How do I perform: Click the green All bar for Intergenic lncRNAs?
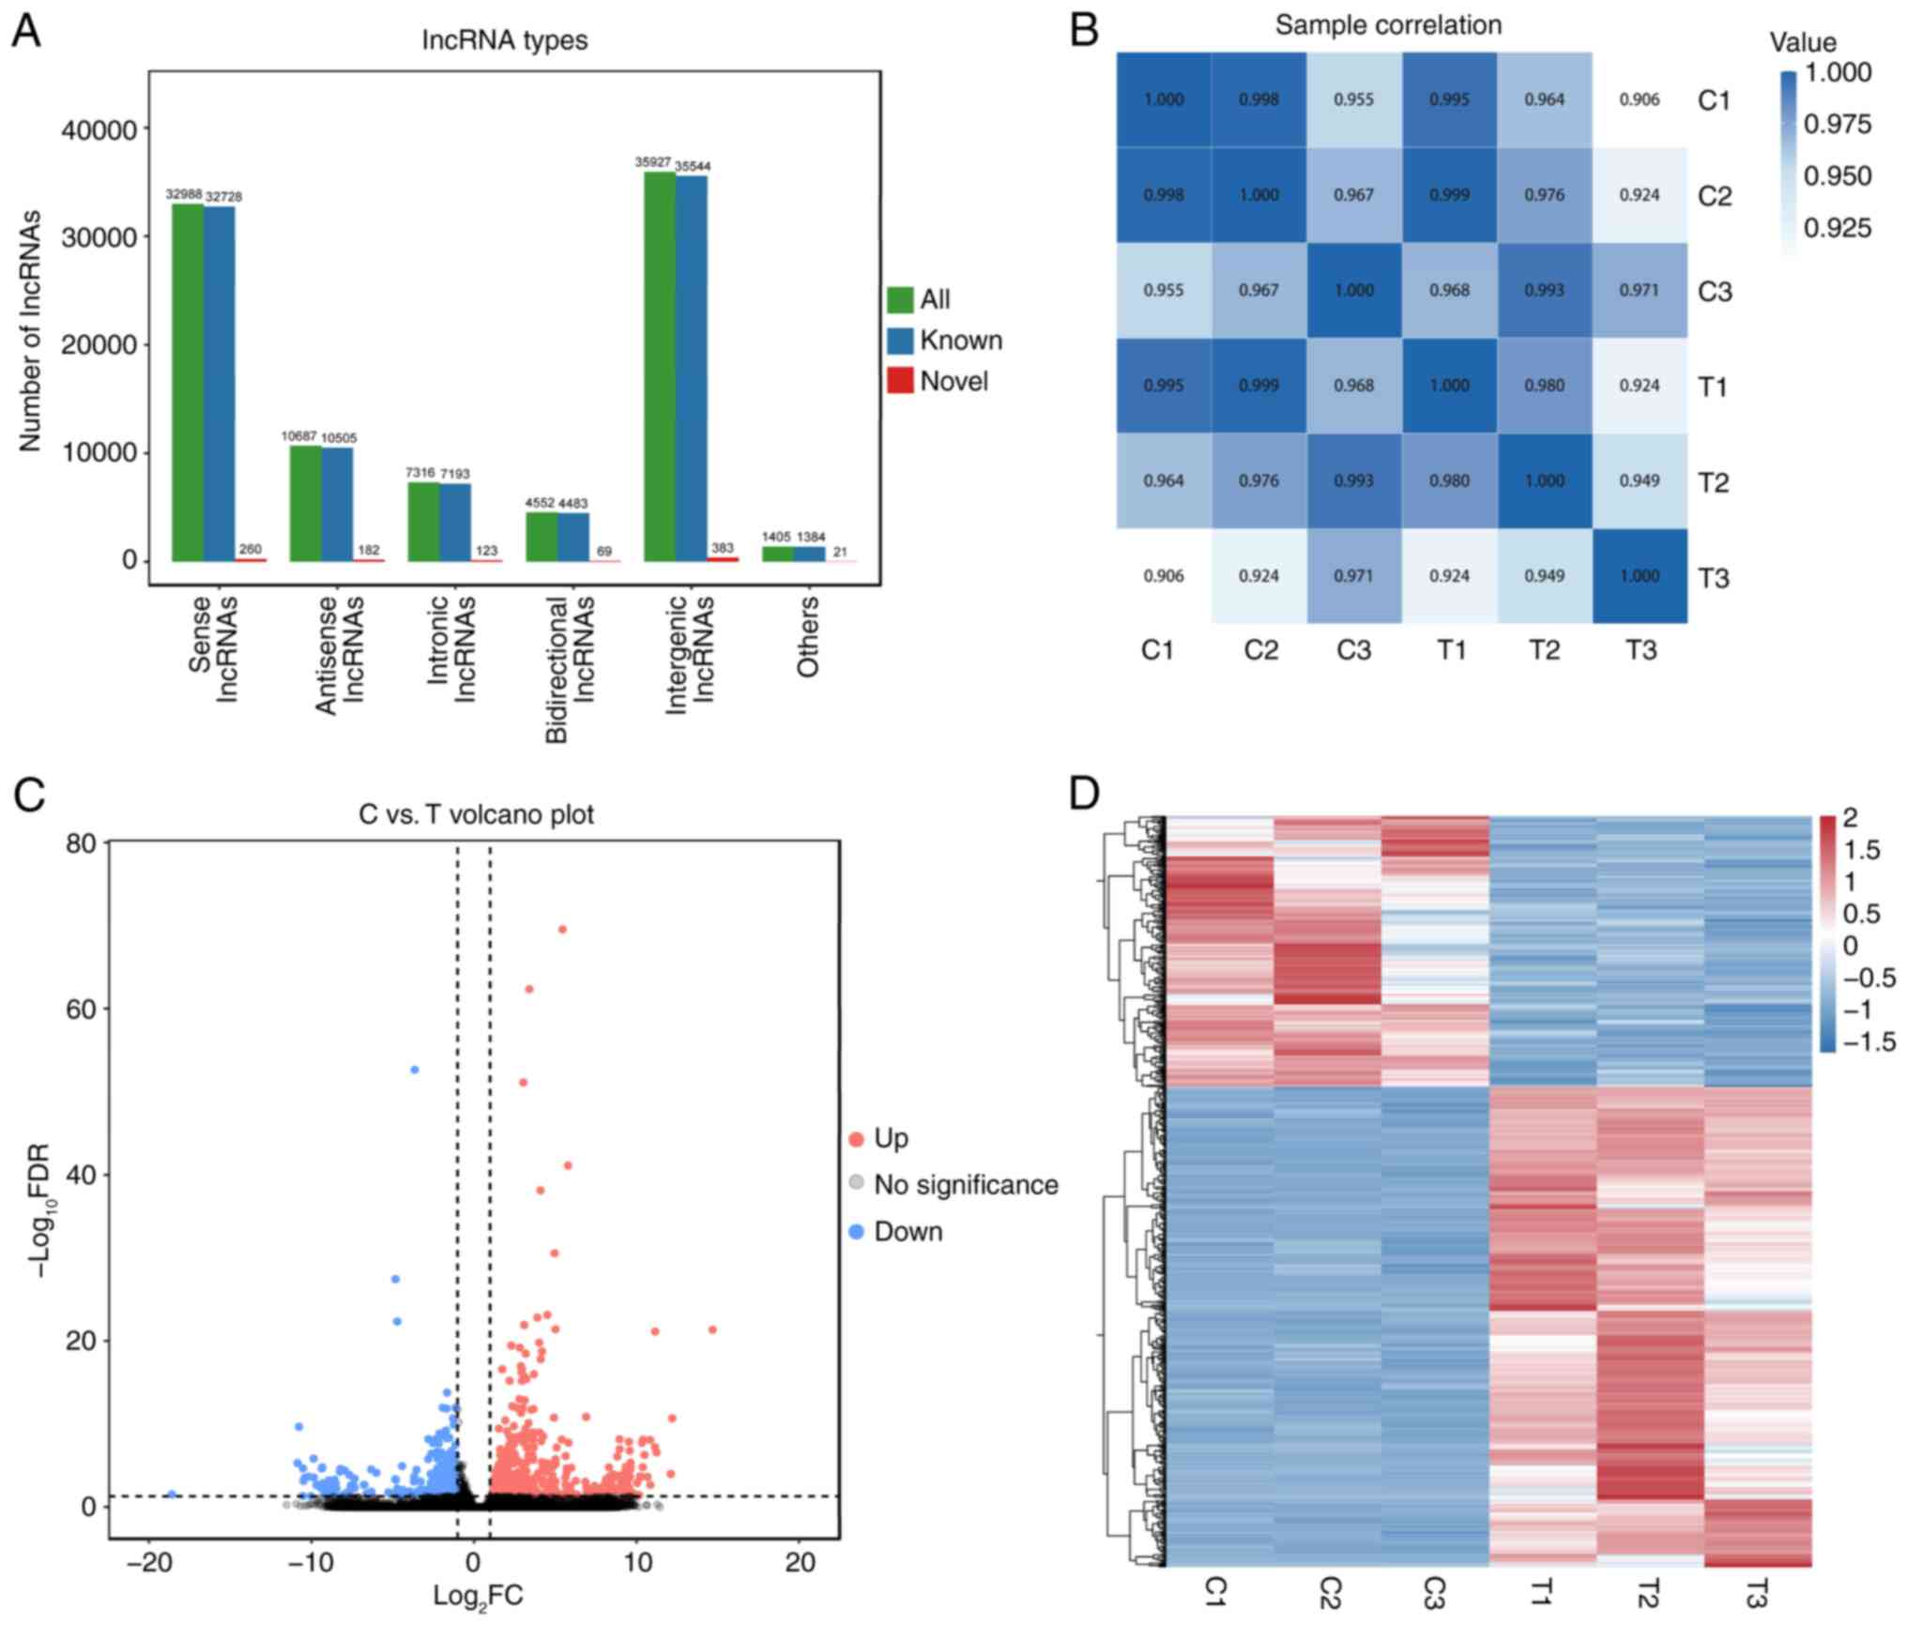click(x=659, y=366)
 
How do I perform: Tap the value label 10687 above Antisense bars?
click(x=299, y=436)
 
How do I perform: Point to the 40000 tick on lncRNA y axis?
click(x=99, y=129)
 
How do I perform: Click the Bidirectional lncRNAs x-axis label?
click(x=570, y=669)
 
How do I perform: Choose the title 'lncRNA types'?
click(x=504, y=40)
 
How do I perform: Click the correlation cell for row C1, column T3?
click(x=1640, y=99)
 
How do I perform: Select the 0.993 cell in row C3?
click(x=1544, y=290)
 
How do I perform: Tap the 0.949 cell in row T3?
click(x=1544, y=575)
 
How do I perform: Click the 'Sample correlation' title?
click(x=1388, y=25)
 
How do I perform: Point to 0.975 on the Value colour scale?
click(x=1838, y=124)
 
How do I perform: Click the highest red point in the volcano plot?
click(x=562, y=929)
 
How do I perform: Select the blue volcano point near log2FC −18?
click(x=172, y=1494)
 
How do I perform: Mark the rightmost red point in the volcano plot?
click(x=712, y=1329)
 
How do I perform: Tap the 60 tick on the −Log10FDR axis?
click(x=83, y=1009)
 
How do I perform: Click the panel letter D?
click(x=1085, y=795)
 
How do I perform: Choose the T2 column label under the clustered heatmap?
click(x=1649, y=1592)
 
